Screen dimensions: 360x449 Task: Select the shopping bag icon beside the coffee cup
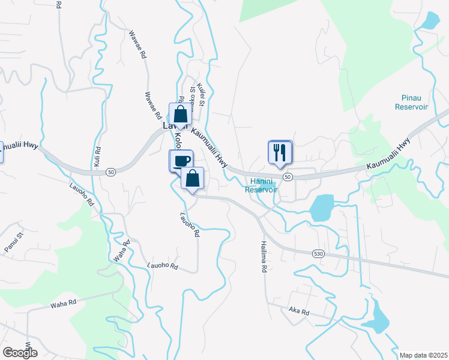[192, 179]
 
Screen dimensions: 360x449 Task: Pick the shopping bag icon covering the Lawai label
[180, 115]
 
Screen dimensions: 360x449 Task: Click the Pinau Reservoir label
[411, 102]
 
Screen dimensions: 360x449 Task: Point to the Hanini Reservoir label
[262, 185]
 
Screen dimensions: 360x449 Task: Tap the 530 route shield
[319, 254]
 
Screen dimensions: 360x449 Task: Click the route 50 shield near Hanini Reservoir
[288, 177]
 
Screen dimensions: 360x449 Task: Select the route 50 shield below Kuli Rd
[110, 172]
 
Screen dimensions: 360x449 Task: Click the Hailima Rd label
[263, 257]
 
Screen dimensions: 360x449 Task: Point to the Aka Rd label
[298, 312]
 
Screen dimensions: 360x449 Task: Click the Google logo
[20, 352]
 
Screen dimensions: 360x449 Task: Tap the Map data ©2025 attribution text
[423, 355]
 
